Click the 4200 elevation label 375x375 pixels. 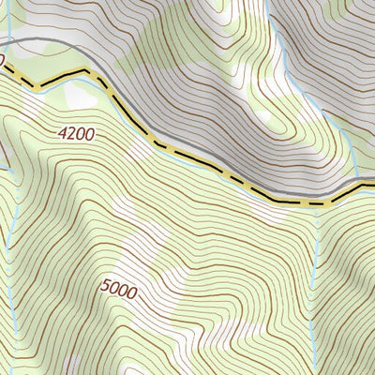point(75,134)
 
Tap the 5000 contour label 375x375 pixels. point(115,292)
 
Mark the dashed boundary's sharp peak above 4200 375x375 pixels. point(88,70)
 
